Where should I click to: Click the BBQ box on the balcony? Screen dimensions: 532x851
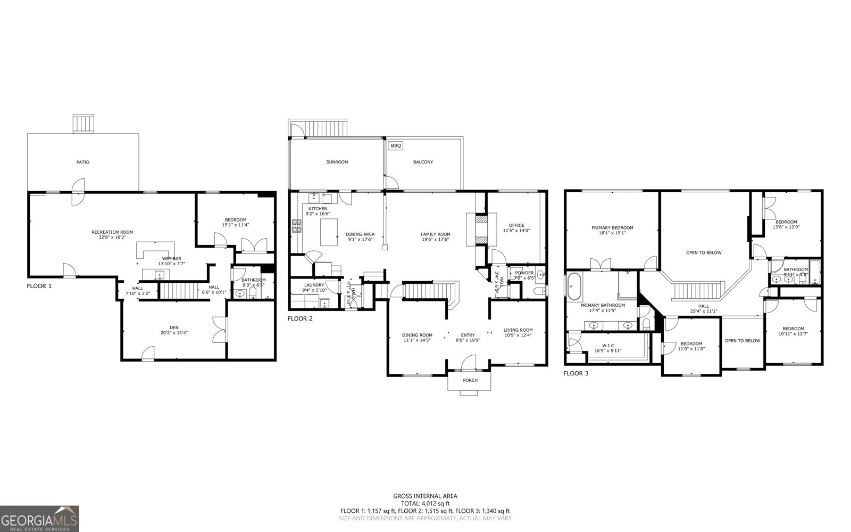click(x=395, y=145)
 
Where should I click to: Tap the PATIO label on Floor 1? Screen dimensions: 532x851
click(x=82, y=162)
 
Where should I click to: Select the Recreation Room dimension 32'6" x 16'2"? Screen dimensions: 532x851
click(x=112, y=239)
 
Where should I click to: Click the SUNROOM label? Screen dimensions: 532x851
click(x=337, y=162)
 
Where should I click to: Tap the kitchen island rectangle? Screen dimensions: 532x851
click(x=329, y=232)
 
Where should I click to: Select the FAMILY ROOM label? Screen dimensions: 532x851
click(x=435, y=234)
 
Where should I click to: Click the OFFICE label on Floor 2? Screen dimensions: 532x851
click(x=516, y=225)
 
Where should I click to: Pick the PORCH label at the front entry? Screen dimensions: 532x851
click(x=470, y=380)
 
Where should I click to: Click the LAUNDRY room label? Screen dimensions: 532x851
click(x=314, y=285)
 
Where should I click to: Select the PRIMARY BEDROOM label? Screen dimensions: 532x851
click(x=612, y=227)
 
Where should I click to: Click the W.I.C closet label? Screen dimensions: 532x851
click(x=608, y=345)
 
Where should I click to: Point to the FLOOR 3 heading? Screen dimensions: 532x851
click(x=576, y=373)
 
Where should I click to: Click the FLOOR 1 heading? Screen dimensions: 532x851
click(x=39, y=286)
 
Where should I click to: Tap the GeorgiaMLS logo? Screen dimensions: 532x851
click(x=40, y=519)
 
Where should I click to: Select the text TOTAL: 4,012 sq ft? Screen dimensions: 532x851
click(x=425, y=503)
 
